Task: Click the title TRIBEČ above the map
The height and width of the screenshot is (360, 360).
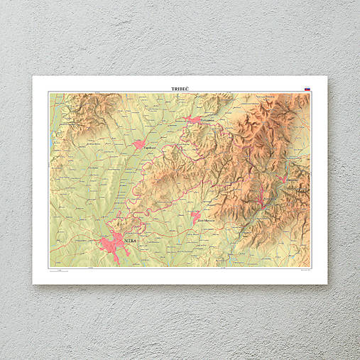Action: coord(180,88)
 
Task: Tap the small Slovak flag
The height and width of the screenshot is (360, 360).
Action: coord(307,89)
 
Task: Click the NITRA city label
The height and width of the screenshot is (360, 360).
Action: coord(129,241)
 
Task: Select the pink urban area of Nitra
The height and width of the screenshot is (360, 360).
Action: coord(111,245)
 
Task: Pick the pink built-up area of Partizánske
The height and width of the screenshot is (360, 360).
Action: coord(193,120)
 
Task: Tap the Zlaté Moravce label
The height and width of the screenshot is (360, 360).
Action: coord(205,221)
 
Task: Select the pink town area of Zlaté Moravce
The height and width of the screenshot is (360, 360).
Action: coord(195,217)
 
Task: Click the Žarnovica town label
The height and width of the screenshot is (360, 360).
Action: coord(292,180)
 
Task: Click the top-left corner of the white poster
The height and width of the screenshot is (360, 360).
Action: coord(33,77)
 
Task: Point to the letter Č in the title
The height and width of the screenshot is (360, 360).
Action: coord(188,88)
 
